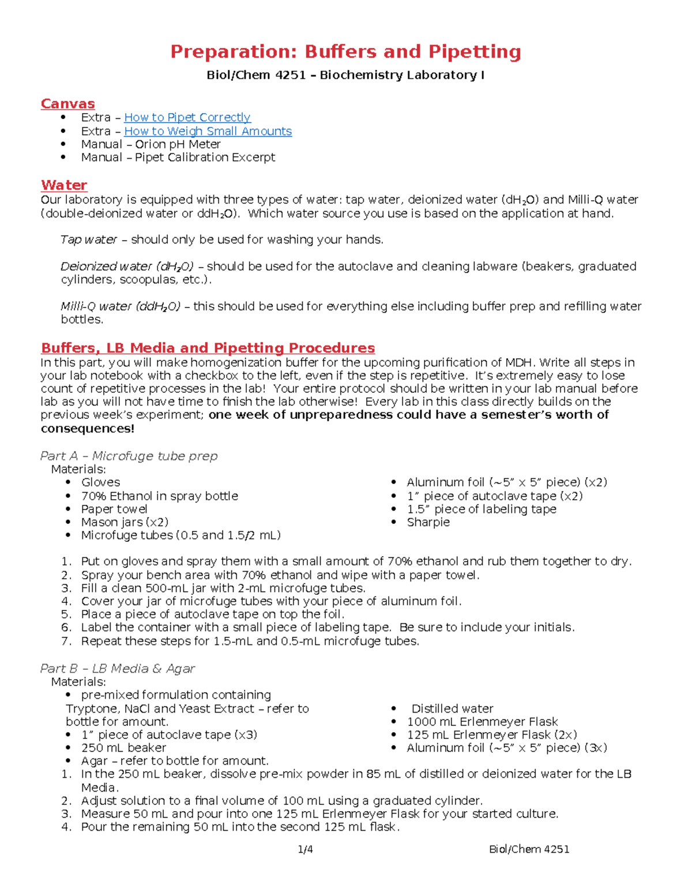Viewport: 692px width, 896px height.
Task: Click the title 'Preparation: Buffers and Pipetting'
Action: [345, 52]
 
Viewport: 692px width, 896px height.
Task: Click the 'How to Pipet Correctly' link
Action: [187, 118]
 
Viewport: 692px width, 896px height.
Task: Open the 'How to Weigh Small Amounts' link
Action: [208, 132]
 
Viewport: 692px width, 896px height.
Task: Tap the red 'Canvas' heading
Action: [67, 104]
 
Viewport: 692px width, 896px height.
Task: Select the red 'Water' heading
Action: [64, 185]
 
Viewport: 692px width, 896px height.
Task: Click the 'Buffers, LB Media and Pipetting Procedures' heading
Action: [208, 348]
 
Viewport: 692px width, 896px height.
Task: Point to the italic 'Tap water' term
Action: [89, 240]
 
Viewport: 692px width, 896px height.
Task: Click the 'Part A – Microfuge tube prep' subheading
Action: [129, 456]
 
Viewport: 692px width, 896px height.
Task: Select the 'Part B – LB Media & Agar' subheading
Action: [117, 669]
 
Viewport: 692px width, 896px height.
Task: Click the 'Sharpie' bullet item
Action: [428, 522]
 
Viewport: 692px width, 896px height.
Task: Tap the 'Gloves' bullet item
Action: [100, 482]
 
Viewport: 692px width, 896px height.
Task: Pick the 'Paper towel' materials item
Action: [114, 509]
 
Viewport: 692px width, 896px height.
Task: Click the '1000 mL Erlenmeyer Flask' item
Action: [482, 722]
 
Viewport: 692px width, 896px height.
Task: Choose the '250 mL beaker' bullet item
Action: [123, 748]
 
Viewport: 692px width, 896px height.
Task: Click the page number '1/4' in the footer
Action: [305, 849]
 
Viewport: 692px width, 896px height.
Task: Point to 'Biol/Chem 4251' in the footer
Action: [529, 849]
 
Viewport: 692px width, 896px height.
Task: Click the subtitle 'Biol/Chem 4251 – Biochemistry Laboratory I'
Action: [345, 75]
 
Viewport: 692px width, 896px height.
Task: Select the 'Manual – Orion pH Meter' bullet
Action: [151, 145]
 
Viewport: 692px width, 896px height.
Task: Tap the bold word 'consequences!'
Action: [87, 429]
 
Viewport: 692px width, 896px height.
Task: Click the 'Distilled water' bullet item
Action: [452, 708]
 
